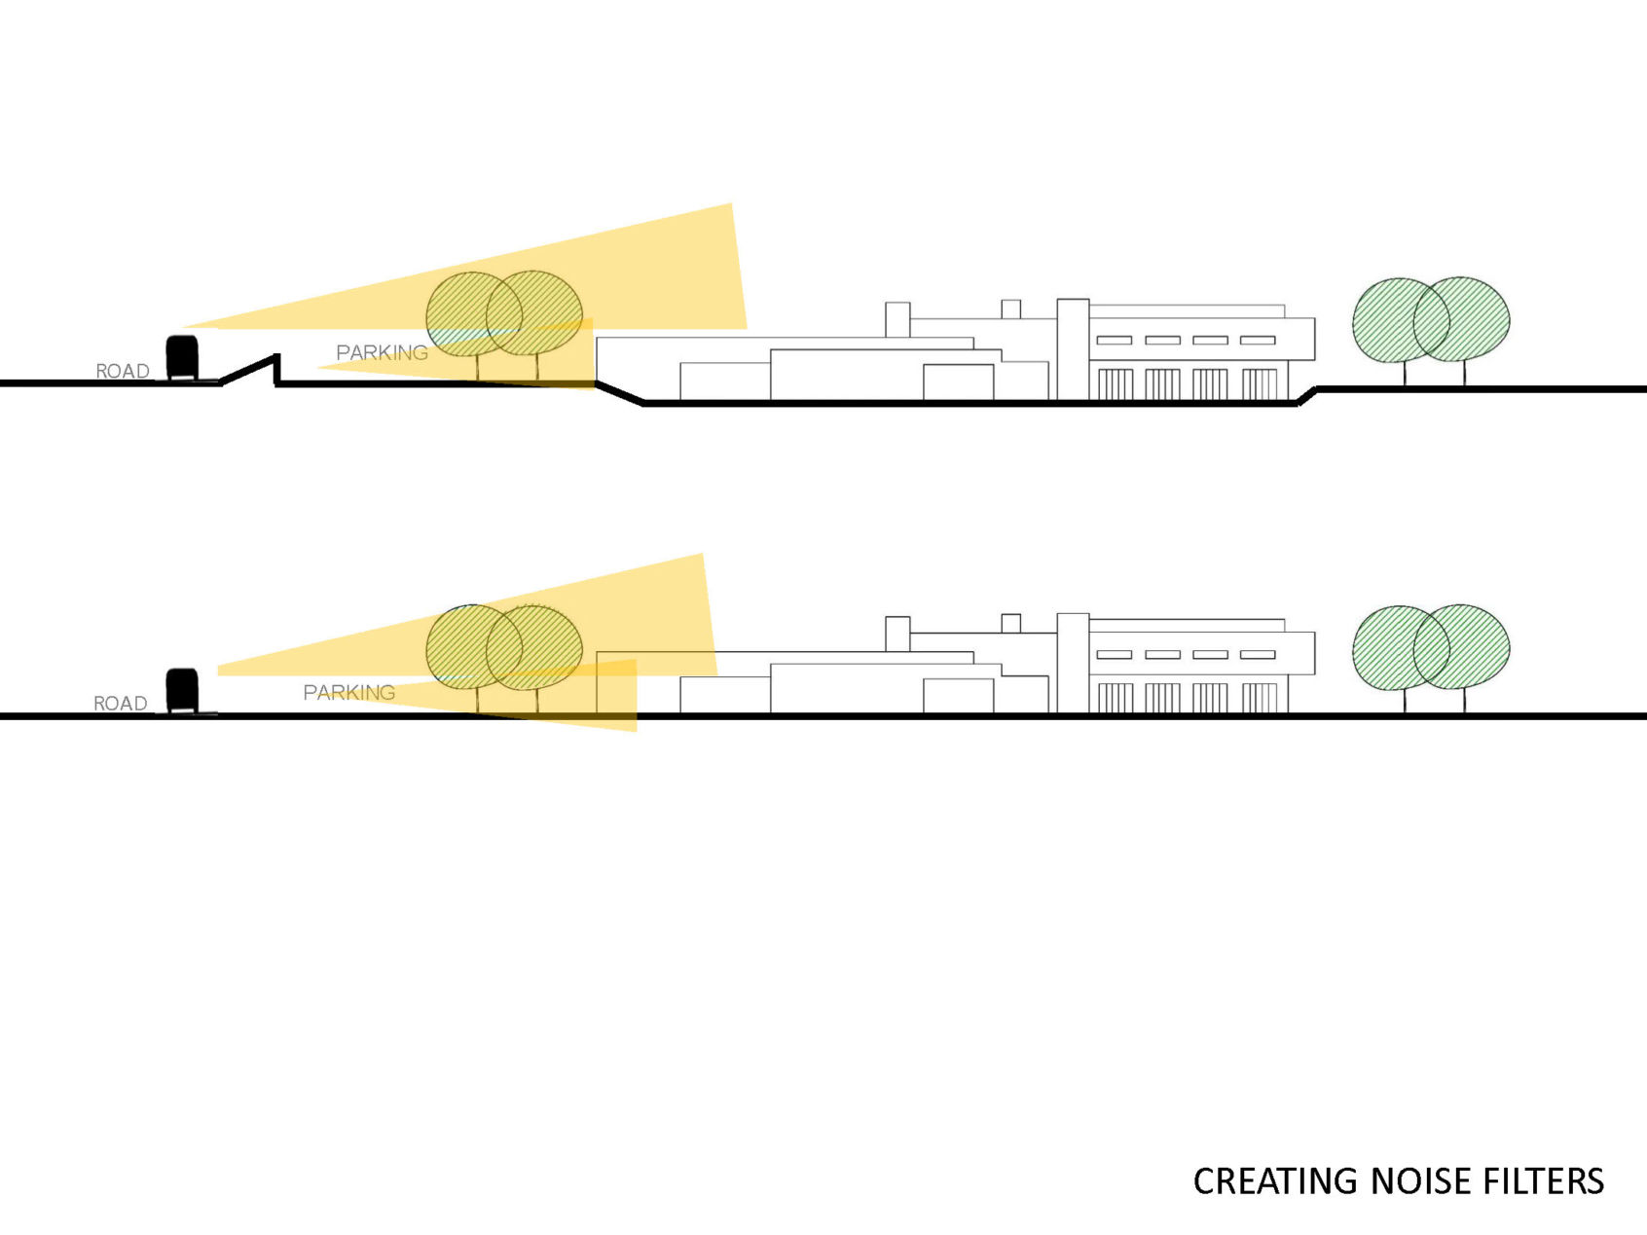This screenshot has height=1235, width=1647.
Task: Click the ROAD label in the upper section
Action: [123, 371]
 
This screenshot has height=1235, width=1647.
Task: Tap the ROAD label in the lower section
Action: [121, 703]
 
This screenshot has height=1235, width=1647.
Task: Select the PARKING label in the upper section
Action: [382, 352]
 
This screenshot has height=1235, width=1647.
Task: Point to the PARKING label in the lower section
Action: [348, 692]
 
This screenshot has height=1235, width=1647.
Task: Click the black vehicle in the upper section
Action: [182, 357]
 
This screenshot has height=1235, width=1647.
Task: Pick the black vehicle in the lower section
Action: [182, 690]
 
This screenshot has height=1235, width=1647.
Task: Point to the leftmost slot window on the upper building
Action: [1115, 340]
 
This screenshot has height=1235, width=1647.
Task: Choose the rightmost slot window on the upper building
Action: [1258, 340]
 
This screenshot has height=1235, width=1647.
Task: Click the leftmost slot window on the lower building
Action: [1115, 655]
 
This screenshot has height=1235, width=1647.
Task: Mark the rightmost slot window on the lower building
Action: [1258, 655]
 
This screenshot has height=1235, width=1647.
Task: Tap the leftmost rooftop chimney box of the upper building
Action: [897, 319]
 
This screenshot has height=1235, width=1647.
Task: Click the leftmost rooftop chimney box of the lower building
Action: [897, 634]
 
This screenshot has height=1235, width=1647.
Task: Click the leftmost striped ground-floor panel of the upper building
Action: [1116, 384]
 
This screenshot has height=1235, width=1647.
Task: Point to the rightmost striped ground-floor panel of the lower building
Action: [1260, 699]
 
